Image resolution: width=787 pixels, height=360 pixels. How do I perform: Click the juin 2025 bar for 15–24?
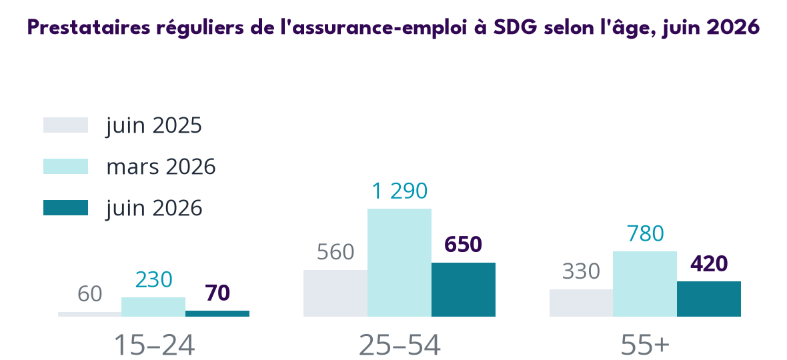[90, 315]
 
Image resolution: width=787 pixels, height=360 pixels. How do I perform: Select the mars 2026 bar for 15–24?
[153, 307]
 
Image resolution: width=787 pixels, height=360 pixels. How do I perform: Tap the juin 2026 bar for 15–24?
[217, 314]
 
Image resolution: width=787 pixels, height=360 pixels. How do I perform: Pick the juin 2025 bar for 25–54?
[335, 293]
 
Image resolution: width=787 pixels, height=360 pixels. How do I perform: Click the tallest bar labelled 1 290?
[400, 263]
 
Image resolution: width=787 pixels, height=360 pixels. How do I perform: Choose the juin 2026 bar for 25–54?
[464, 290]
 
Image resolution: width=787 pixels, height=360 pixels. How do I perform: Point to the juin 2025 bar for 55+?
[581, 303]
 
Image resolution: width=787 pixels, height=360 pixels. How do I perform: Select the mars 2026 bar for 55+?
[645, 284]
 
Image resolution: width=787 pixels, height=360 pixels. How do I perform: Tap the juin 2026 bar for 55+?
[709, 299]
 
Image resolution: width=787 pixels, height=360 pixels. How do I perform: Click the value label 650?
[464, 244]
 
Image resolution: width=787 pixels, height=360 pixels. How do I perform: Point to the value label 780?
[645, 233]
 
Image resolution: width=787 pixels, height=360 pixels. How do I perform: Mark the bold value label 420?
[709, 264]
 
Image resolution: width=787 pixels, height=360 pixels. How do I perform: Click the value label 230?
[153, 279]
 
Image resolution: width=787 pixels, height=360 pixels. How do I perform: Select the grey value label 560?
[335, 252]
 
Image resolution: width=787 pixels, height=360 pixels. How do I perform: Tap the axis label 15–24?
[154, 345]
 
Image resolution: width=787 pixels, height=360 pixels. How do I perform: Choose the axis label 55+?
[645, 345]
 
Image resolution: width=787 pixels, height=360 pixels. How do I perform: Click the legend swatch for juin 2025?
[66, 125]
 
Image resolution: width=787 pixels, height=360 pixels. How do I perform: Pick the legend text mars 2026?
[161, 167]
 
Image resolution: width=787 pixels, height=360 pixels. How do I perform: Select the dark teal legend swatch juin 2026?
[66, 207]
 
